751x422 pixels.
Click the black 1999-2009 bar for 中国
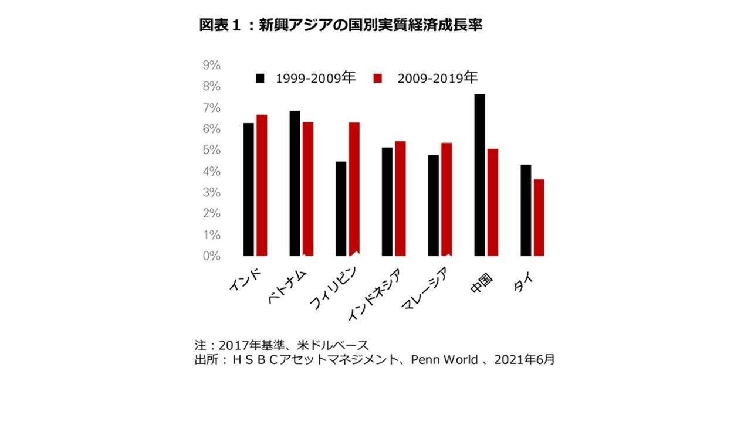(479, 175)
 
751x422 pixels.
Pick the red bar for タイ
(539, 217)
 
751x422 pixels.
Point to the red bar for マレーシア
(446, 199)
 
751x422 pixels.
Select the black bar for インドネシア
(387, 202)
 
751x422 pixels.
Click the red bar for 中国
(492, 202)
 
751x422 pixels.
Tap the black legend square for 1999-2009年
(261, 78)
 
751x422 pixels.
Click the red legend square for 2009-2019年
(378, 78)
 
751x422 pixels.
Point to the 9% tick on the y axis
(211, 66)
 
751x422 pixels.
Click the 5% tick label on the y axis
(211, 150)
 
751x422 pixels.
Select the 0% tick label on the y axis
(211, 256)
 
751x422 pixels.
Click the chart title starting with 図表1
(340, 26)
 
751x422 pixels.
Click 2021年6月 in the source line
(524, 360)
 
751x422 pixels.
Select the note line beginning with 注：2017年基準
(281, 345)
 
